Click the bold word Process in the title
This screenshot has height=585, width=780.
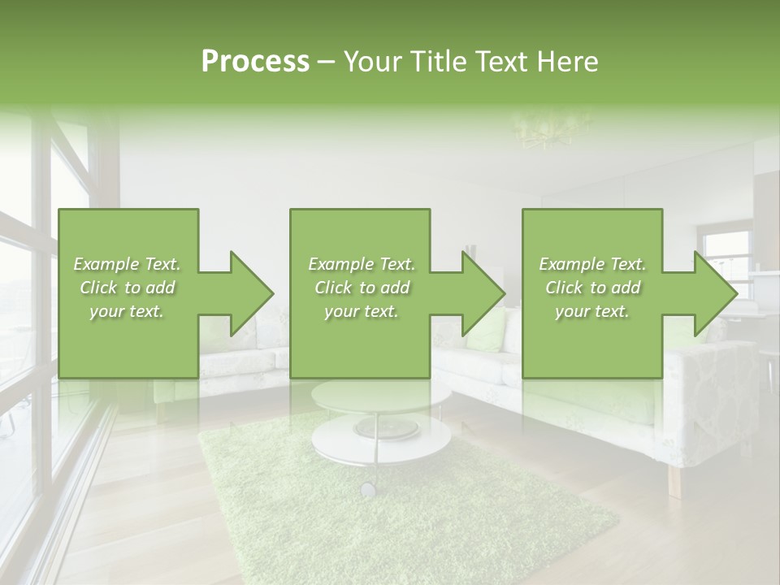click(x=255, y=62)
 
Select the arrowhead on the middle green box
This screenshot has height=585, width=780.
click(x=482, y=293)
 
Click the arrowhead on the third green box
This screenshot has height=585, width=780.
click(x=713, y=293)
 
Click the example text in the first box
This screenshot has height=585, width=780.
click(x=128, y=288)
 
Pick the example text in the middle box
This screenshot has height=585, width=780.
click(x=362, y=288)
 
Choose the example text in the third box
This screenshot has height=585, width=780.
click(x=592, y=288)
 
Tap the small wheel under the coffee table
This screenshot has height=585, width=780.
click(x=368, y=488)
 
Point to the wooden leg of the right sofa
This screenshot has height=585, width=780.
click(x=674, y=480)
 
